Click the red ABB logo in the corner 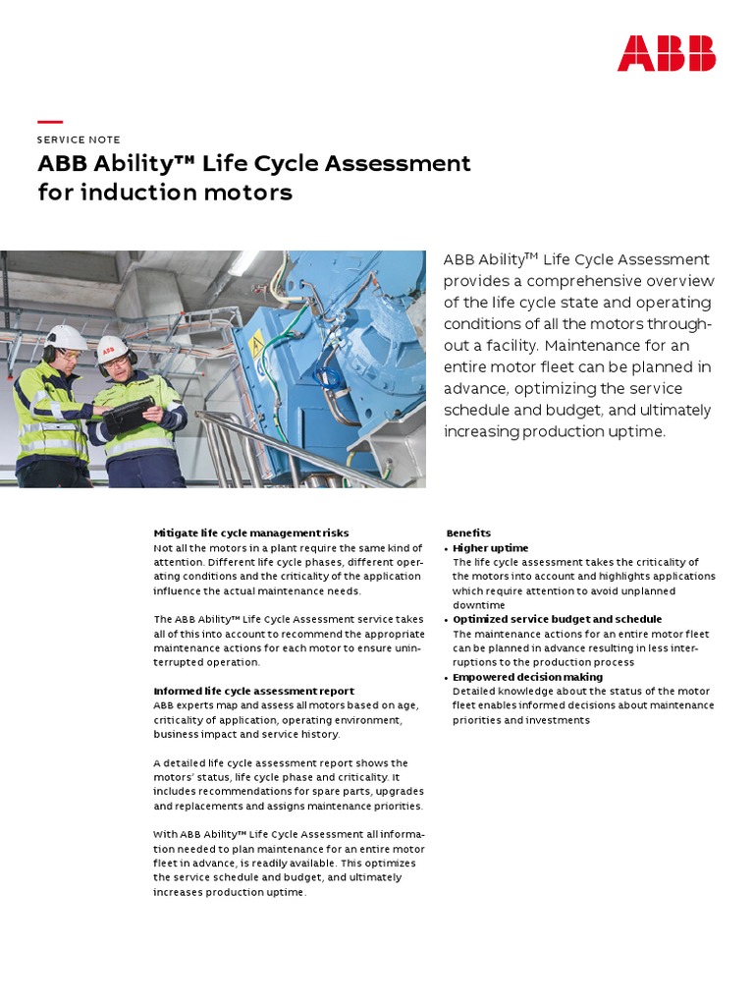tap(666, 53)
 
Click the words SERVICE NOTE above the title tap(79, 140)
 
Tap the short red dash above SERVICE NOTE tap(49, 122)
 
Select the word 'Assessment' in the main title tap(397, 163)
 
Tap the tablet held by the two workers tap(129, 413)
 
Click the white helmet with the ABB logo tap(112, 348)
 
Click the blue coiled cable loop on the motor tap(327, 377)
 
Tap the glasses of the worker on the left tap(69, 354)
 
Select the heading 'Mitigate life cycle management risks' tap(251, 533)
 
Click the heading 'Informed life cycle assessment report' tap(254, 692)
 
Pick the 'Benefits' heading tap(468, 533)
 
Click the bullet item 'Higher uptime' tap(490, 548)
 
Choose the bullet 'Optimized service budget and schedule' tap(557, 620)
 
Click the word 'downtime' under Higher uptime tap(480, 606)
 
